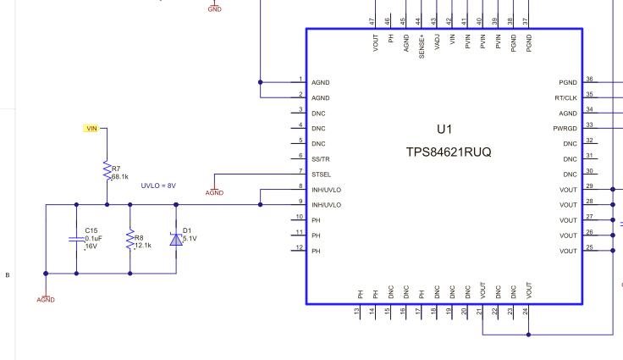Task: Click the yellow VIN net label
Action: (x=91, y=129)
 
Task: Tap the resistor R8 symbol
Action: (x=130, y=240)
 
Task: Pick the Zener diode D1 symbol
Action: (x=176, y=240)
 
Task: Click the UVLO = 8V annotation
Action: (x=158, y=186)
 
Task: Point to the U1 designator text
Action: (x=444, y=130)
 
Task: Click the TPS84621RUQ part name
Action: (x=449, y=152)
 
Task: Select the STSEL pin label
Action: (x=322, y=174)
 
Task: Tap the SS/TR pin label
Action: (x=322, y=159)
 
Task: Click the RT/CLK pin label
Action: (x=565, y=98)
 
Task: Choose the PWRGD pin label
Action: (x=565, y=129)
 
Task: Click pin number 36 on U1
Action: (x=589, y=79)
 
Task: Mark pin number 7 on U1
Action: (x=300, y=171)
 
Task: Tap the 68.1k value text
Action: (x=119, y=177)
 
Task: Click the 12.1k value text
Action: (x=143, y=246)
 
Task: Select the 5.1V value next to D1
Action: (x=190, y=238)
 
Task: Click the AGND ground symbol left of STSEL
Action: (x=214, y=191)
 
